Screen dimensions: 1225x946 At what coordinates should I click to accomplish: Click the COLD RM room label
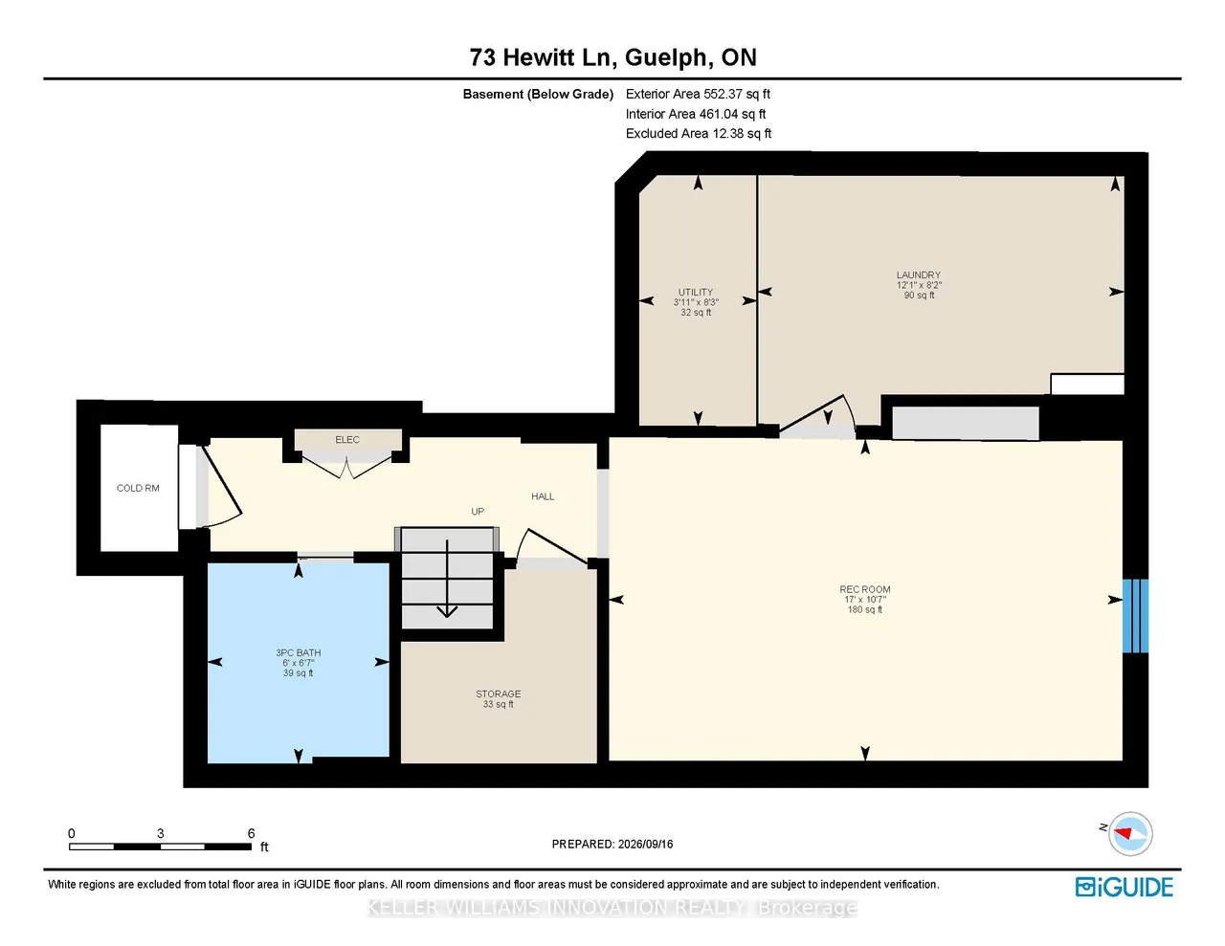click(138, 488)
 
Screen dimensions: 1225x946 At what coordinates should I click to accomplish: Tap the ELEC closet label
click(346, 439)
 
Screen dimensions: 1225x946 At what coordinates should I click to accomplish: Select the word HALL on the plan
click(543, 496)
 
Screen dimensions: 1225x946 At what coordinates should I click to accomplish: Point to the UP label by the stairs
click(478, 511)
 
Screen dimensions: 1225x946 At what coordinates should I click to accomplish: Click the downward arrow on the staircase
click(447, 579)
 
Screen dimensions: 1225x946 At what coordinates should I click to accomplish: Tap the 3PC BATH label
click(299, 652)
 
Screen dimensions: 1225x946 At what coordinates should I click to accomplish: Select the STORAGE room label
click(498, 693)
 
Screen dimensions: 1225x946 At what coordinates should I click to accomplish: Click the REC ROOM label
click(865, 589)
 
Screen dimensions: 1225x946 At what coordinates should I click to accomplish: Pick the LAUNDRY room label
click(919, 275)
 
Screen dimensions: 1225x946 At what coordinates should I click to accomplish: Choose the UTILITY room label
click(695, 292)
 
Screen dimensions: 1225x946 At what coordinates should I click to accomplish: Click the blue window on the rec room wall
click(1135, 616)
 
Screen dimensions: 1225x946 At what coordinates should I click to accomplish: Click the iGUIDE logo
click(1124, 887)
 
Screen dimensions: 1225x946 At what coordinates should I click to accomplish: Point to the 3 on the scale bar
click(161, 833)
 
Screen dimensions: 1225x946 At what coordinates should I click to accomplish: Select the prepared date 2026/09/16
click(645, 844)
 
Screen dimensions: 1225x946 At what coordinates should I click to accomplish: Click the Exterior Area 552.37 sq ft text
click(698, 94)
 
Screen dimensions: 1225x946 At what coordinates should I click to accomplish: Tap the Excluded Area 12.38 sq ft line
click(698, 134)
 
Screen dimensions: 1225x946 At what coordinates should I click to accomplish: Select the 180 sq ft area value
click(865, 609)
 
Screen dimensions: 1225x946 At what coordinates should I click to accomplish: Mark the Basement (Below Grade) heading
click(538, 94)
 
